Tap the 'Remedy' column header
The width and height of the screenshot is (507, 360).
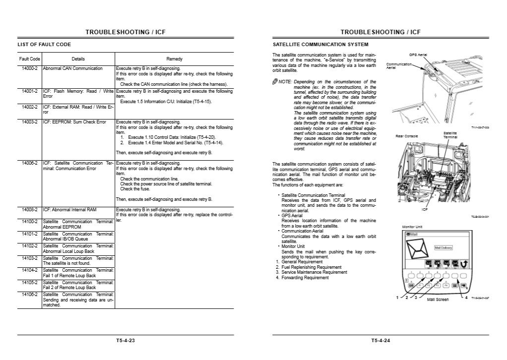point(174,59)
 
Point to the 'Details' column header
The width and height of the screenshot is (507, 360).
point(78,59)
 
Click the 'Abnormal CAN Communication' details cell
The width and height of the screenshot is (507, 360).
point(73,68)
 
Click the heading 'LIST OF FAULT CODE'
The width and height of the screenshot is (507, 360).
point(44,45)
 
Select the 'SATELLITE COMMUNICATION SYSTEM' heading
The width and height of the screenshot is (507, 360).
point(320,45)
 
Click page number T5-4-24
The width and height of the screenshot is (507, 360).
point(380,340)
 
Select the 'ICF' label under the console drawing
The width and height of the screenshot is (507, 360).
point(425,209)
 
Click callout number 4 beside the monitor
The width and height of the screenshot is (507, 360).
point(466,298)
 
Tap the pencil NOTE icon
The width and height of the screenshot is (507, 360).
point(275,81)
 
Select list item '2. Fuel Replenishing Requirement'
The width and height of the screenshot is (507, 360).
point(306,267)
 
